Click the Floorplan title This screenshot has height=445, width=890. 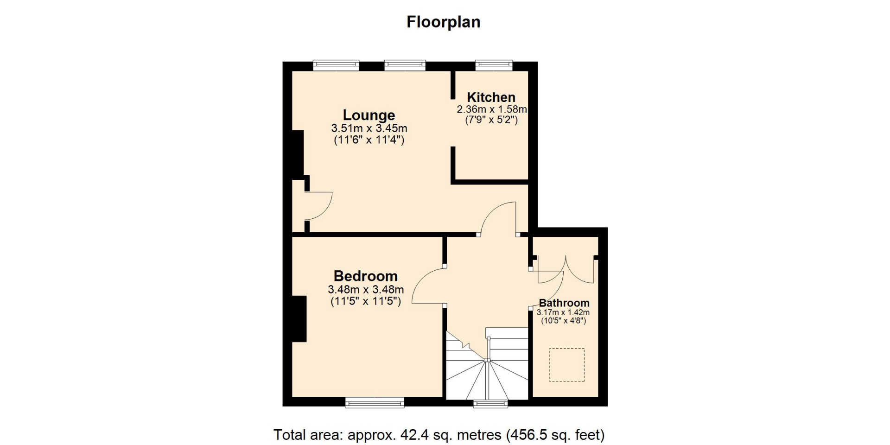[443, 22]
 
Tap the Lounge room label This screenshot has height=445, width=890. [369, 115]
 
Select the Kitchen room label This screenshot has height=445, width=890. [491, 97]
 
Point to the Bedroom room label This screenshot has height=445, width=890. [366, 276]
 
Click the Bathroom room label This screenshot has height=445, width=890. [564, 303]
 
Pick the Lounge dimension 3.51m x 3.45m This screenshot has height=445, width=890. [369, 128]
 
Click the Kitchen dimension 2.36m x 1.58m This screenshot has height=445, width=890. [492, 109]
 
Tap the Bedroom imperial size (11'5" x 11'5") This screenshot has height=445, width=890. [366, 301]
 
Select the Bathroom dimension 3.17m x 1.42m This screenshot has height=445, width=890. [563, 312]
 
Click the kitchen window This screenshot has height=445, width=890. [494, 65]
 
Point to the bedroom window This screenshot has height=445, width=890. [375, 402]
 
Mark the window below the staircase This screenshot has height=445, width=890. [490, 403]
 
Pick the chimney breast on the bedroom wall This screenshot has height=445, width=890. [299, 319]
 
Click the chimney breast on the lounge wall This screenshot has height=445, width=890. [298, 153]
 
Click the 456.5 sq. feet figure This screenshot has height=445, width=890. [556, 435]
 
